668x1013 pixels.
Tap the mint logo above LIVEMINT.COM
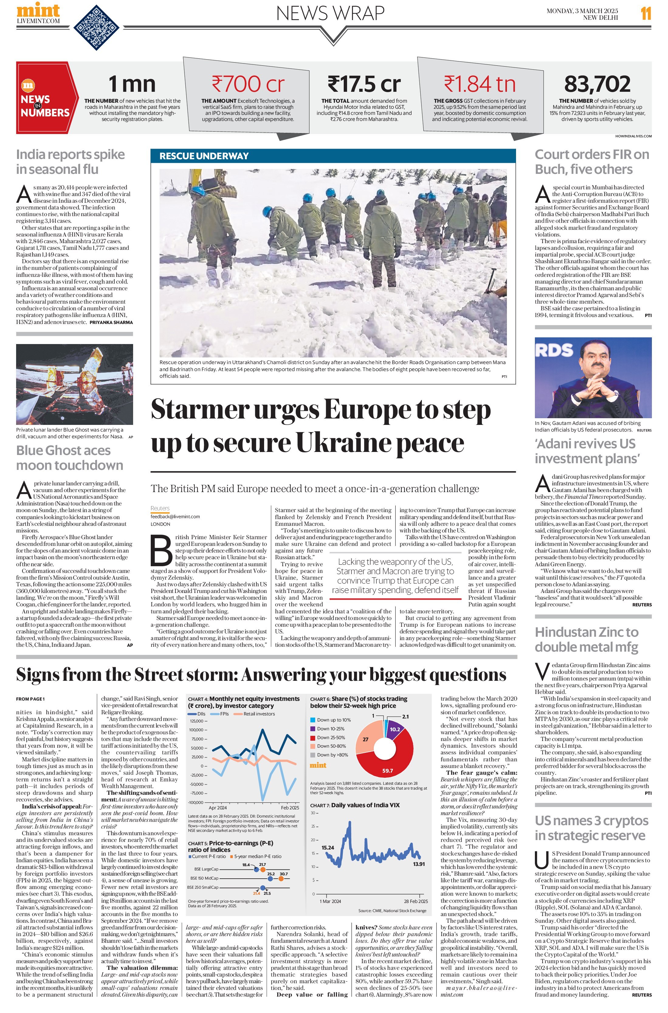pyautogui.click(x=38, y=9)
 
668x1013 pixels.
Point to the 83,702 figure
pyautogui.click(x=597, y=84)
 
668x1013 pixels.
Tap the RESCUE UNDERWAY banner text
pyautogui.click(x=204, y=156)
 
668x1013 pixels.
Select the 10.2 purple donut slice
pyautogui.click(x=395, y=729)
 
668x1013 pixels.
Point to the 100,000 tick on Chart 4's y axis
pyautogui.click(x=196, y=730)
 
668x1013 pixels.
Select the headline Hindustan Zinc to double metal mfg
pyautogui.click(x=587, y=639)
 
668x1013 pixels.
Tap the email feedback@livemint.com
pyautogui.click(x=175, y=516)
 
